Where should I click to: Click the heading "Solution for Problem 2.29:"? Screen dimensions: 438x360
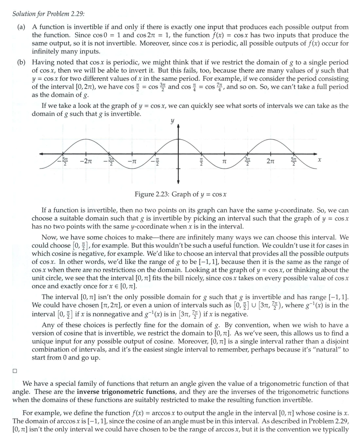click(48, 14)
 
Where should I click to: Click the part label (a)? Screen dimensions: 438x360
click(21, 27)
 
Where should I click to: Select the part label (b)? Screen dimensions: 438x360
click(21, 62)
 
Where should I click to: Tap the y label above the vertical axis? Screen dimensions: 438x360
click(172, 121)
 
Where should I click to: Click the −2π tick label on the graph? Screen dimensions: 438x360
click(86, 161)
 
